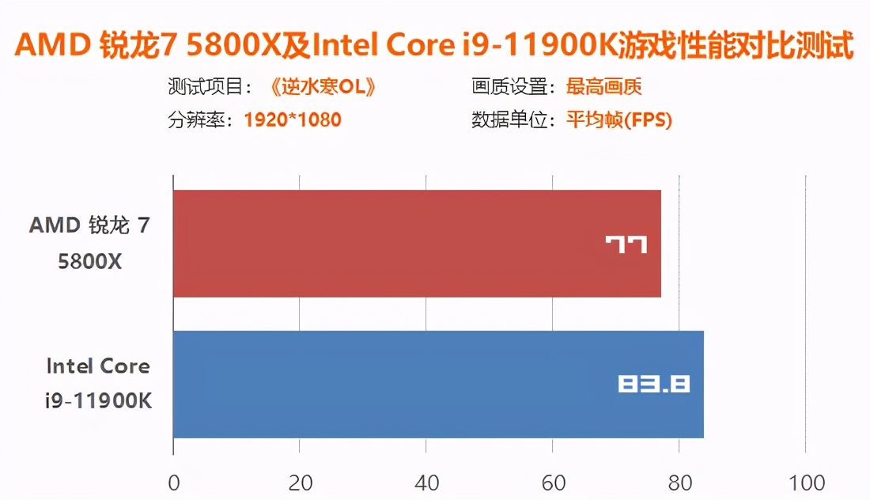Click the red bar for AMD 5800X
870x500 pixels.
click(x=395, y=244)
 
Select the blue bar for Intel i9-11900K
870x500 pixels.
click(x=395, y=384)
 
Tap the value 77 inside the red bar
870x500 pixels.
click(x=626, y=244)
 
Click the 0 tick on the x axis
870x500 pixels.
click(x=173, y=483)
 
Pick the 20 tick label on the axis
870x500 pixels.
click(x=299, y=483)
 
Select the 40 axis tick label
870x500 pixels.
click(x=426, y=483)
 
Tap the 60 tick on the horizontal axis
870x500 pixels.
click(x=552, y=483)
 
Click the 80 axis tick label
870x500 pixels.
click(x=679, y=483)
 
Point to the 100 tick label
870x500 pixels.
click(x=804, y=483)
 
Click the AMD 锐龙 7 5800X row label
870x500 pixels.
click(x=89, y=243)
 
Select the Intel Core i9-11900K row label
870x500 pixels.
click(x=98, y=384)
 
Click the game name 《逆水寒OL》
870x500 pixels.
click(x=322, y=86)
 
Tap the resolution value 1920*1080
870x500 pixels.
click(x=293, y=120)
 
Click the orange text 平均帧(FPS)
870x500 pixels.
click(x=619, y=120)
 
